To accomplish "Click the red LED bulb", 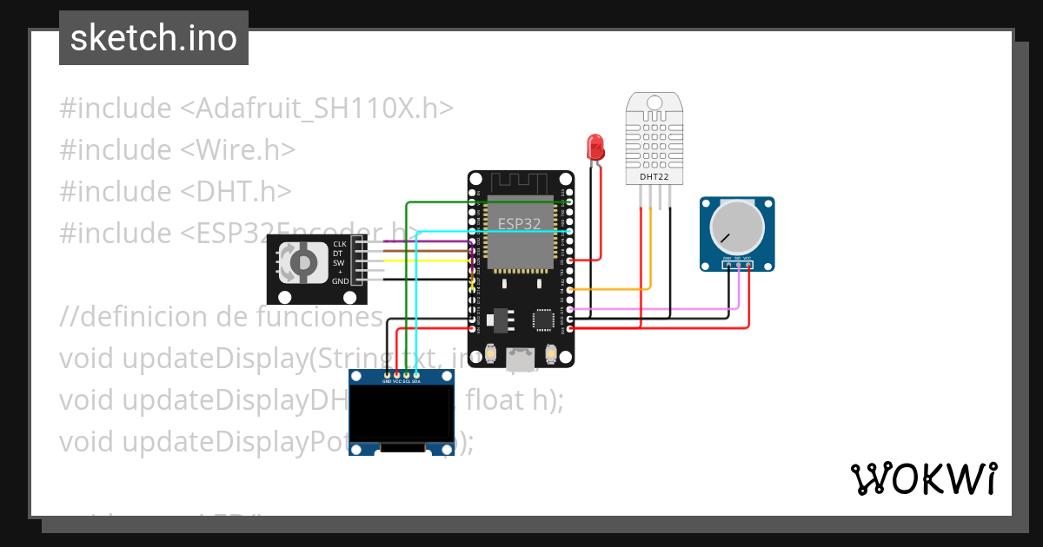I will pos(595,146).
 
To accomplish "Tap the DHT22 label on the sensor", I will pos(654,177).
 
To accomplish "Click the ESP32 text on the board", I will pos(519,223).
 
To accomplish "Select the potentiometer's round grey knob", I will pos(736,226).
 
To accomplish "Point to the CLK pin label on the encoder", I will pos(340,244).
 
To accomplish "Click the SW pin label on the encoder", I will pos(339,262).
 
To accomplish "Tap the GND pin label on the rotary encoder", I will pos(340,281).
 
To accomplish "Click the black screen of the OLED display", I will pos(402,414).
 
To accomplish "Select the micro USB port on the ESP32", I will pos(521,358).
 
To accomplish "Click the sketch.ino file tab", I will pos(154,38).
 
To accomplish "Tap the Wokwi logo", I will pos(923,478).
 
